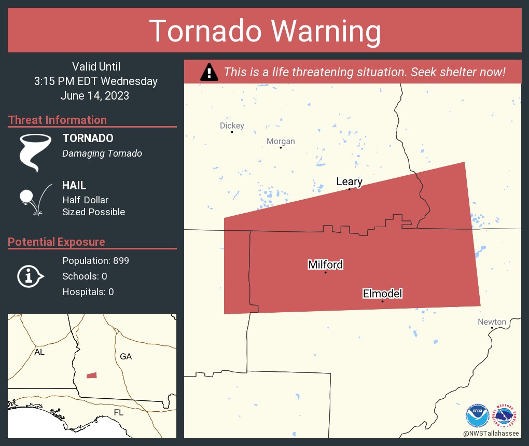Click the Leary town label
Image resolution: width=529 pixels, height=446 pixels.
(x=349, y=182)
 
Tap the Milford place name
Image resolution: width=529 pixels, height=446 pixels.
(x=325, y=264)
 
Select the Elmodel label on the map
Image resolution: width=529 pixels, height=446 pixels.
(x=382, y=294)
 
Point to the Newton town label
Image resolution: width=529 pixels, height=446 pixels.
(x=491, y=322)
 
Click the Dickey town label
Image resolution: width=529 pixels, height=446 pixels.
(x=232, y=126)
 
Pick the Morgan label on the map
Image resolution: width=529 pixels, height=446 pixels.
(x=281, y=141)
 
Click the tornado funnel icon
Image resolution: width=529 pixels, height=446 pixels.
(x=35, y=152)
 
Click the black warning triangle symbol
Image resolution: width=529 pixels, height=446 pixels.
(x=209, y=72)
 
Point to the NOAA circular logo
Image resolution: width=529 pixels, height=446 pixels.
(x=478, y=415)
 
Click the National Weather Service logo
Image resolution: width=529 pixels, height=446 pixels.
(x=506, y=415)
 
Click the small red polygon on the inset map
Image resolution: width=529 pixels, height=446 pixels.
(x=91, y=375)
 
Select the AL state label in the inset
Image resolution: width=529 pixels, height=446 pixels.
(x=39, y=352)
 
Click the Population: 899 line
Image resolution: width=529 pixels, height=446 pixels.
(x=95, y=260)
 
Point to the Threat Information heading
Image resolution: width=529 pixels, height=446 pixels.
(x=58, y=120)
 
